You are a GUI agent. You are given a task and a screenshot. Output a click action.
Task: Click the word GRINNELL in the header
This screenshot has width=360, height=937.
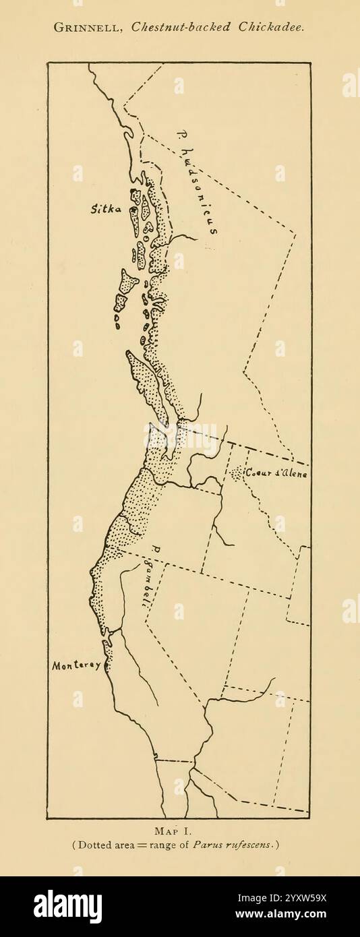pos(88,28)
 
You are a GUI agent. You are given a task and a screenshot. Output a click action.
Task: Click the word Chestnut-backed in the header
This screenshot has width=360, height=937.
pos(181,28)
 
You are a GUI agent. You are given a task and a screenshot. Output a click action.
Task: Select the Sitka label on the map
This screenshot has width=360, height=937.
pos(105,210)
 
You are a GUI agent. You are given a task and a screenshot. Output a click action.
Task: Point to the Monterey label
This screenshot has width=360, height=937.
pos(76,665)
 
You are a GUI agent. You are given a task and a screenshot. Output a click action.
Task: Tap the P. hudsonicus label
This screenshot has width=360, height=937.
pos(196,182)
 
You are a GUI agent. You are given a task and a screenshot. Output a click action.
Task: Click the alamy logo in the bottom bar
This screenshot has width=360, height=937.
pos(67,907)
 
